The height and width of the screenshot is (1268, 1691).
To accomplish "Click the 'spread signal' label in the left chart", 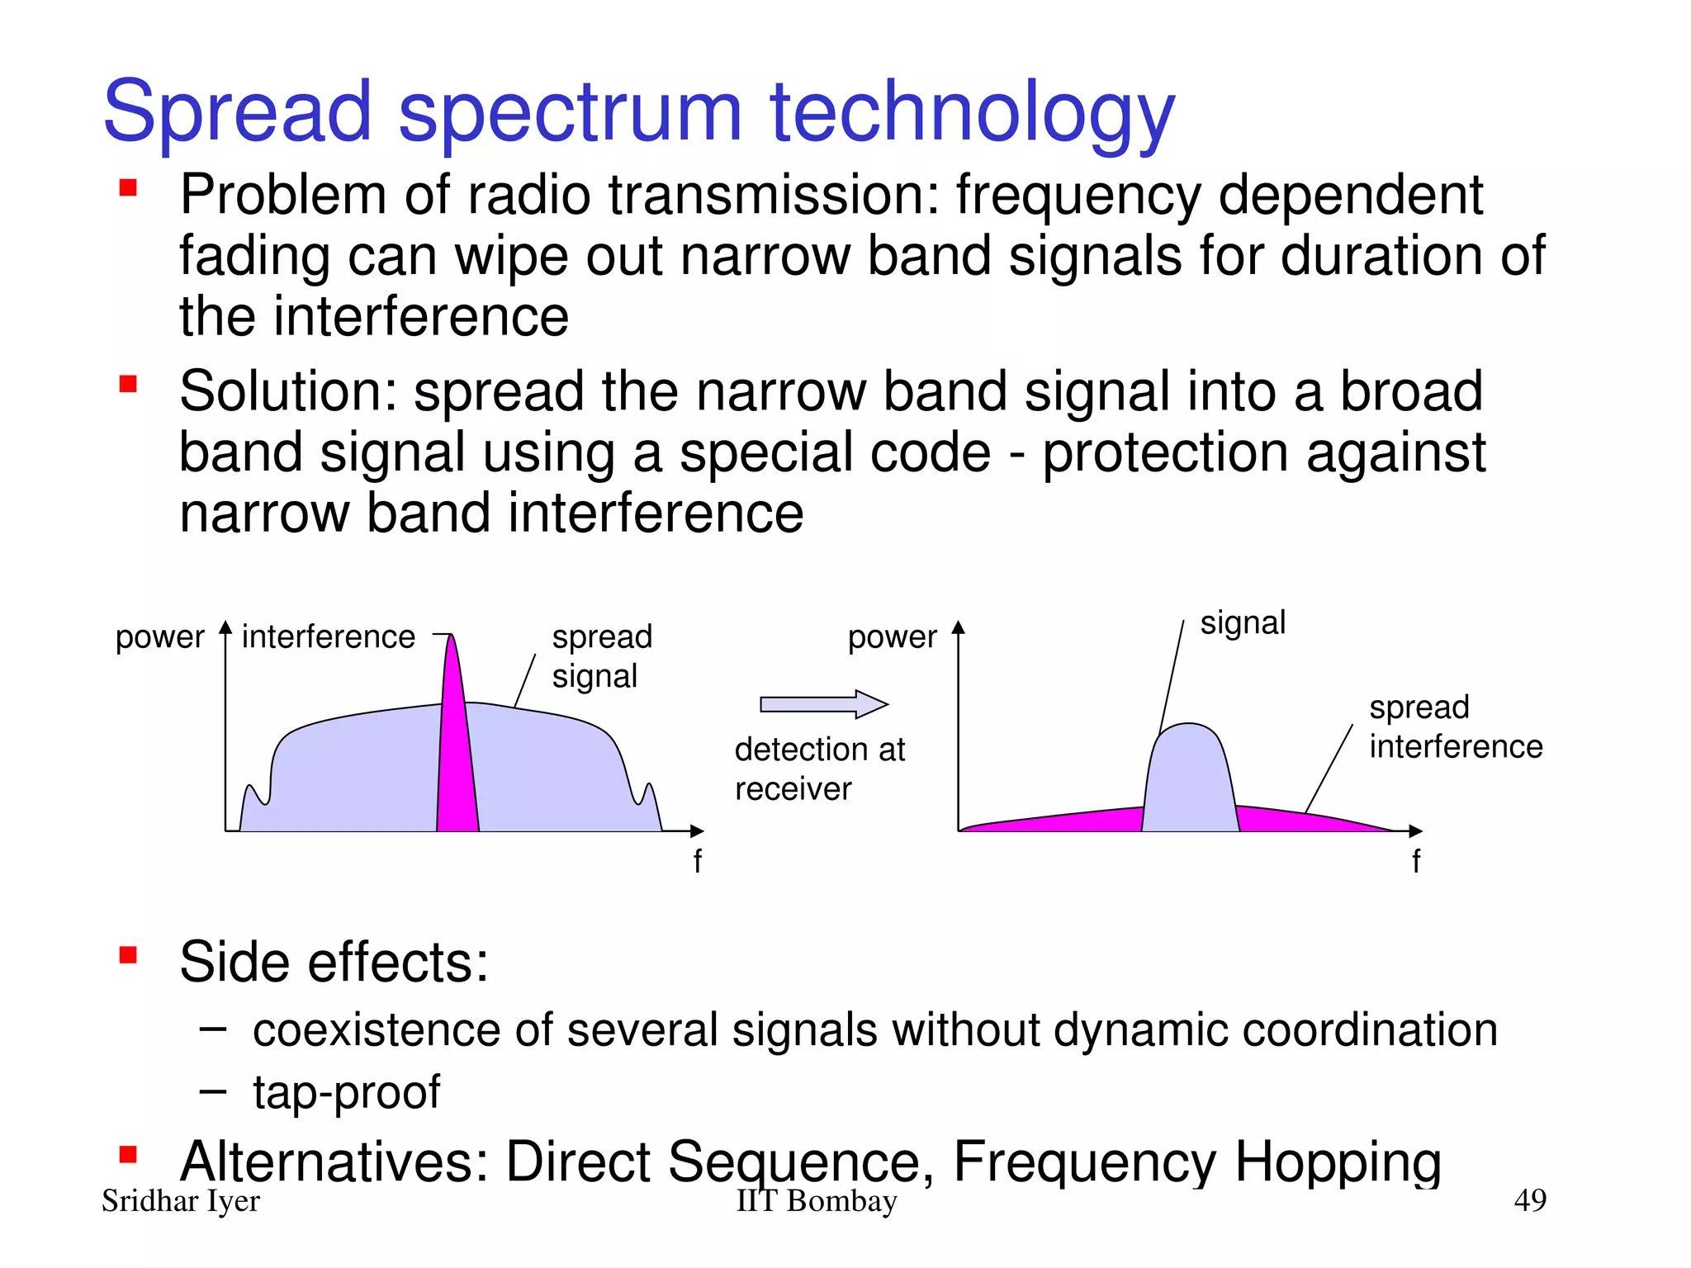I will pos(602,656).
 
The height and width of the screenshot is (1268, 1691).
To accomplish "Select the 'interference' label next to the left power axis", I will pos(328,637).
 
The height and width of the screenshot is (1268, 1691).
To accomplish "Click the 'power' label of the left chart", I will pos(159,637).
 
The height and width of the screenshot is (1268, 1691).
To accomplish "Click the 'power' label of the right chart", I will pos(892,637).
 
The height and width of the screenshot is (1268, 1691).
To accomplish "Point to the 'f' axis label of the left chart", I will pos(698,861).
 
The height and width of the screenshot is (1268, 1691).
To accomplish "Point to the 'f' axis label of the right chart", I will pos(1416,861).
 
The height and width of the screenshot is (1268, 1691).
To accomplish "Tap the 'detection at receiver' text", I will pos(819,769).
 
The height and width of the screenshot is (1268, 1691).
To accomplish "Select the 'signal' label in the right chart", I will pos(1243,622).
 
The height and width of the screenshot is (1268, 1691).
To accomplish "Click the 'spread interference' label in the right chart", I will pos(1455,726).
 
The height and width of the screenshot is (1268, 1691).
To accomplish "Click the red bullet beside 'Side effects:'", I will pos(128,956).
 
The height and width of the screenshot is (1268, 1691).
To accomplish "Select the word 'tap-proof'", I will pos(347,1092).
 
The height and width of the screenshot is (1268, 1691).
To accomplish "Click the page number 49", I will pos(1529,1199).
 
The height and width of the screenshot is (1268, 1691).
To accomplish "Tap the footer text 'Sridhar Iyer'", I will pos(180,1201).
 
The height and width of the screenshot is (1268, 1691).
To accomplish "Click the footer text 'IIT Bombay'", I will pos(816,1201).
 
